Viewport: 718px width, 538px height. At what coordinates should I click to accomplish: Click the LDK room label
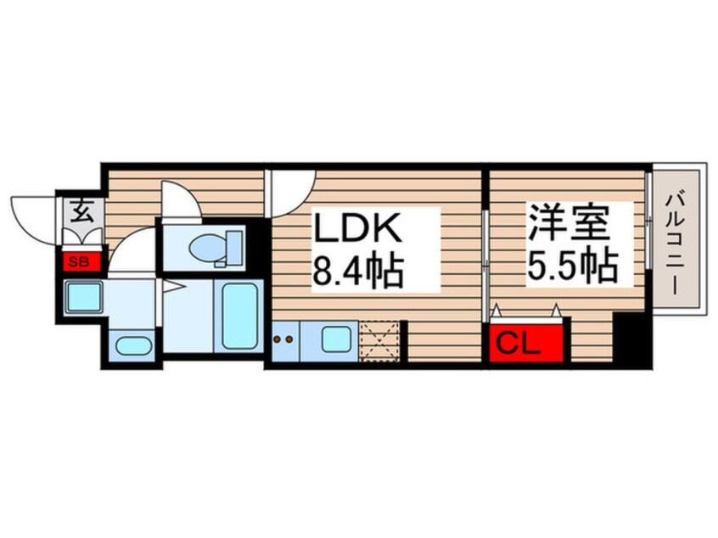tap(356, 228)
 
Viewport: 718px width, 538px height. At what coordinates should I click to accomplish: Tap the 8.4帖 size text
tap(357, 272)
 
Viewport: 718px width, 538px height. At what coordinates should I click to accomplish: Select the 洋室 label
tap(569, 223)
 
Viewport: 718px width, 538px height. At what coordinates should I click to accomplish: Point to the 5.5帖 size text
tap(572, 266)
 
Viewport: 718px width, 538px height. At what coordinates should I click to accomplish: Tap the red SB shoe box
tap(81, 262)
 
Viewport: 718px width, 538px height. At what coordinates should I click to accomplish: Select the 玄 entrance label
tap(82, 211)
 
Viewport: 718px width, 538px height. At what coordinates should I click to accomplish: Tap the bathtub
tap(239, 316)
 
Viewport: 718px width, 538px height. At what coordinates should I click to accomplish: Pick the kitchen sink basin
tap(337, 339)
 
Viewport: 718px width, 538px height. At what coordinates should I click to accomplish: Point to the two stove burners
tap(283, 339)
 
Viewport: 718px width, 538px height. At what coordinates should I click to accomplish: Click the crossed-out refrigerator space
tap(379, 342)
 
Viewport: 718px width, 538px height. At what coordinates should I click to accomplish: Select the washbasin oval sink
tap(134, 345)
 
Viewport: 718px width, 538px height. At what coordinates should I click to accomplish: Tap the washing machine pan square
tap(83, 297)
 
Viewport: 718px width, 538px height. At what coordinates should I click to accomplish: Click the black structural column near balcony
tap(632, 339)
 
